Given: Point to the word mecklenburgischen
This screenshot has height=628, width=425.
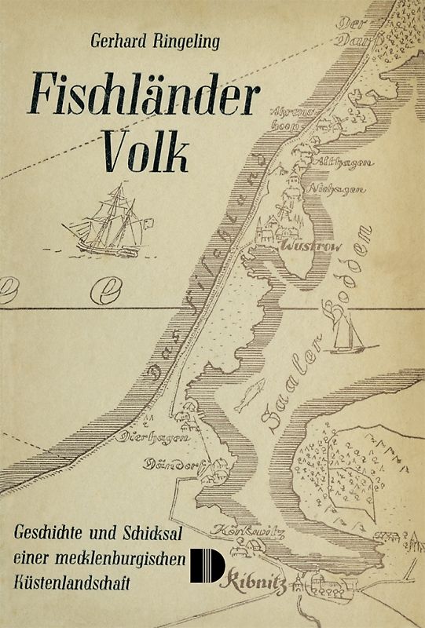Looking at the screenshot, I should [122, 558].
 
